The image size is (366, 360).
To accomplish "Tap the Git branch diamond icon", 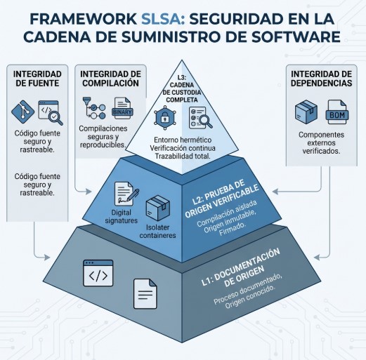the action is [22, 112].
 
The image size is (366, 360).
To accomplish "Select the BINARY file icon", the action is [122, 109].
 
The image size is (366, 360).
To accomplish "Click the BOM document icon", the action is [337, 112].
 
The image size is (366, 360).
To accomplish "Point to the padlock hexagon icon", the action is [165, 118].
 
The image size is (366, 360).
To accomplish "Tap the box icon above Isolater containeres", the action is [158, 208].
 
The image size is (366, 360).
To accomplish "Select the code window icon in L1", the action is [98, 273].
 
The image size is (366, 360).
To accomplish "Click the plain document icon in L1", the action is [145, 294].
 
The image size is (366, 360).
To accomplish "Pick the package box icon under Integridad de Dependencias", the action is [306, 112].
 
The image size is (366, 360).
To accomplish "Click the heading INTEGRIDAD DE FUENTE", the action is [37, 79].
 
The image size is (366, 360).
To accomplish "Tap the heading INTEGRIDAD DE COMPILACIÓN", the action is [110, 79].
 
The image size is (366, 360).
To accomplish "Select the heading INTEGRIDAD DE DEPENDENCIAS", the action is [321, 79].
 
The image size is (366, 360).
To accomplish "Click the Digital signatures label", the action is [121, 217].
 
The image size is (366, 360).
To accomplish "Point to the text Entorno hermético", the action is [183, 140].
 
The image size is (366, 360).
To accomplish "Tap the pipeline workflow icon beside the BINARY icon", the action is [94, 109].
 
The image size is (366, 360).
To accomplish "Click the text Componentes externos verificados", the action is [321, 143].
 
